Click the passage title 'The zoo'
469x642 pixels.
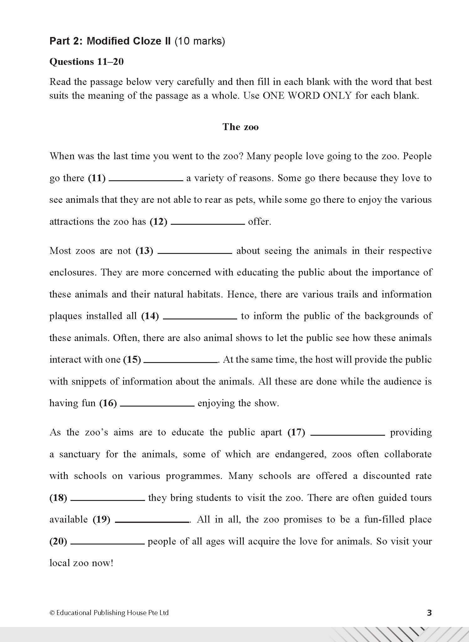(241, 127)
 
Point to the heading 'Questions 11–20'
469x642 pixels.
(86, 62)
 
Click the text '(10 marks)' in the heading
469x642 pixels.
(200, 41)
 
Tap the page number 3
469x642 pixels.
(429, 613)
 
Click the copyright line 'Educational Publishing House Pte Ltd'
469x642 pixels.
(112, 613)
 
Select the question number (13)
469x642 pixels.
(144, 251)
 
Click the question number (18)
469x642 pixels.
(58, 498)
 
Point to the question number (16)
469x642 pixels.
(108, 403)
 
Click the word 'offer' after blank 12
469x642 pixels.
(258, 222)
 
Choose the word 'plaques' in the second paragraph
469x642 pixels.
(65, 316)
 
